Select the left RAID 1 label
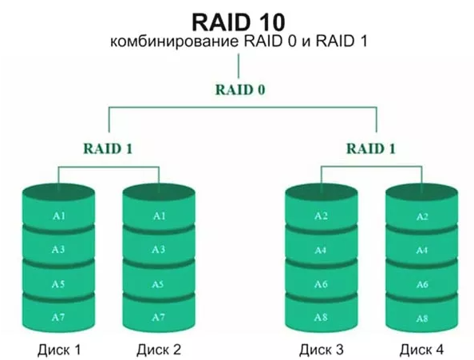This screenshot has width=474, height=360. click(x=109, y=148)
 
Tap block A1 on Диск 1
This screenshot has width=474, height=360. click(x=59, y=216)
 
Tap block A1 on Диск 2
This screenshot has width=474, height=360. click(x=159, y=216)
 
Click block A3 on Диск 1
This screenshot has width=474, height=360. click(x=59, y=250)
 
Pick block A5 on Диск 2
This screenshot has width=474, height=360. click(x=159, y=284)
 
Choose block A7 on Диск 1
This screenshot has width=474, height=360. click(x=59, y=318)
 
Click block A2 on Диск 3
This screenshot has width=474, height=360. click(x=322, y=216)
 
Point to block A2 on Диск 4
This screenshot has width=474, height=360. click(x=422, y=216)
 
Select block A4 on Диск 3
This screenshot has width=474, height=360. click(x=322, y=250)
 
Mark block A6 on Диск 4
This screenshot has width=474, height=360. click(x=422, y=284)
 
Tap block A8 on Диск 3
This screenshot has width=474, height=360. click(x=322, y=318)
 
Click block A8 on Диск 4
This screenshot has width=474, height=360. click(x=422, y=318)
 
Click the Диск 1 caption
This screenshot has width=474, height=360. click(x=59, y=349)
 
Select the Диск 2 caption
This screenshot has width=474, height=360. click(x=159, y=349)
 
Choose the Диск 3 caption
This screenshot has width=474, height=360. click(x=322, y=349)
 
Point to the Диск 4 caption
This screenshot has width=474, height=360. click(x=422, y=349)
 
